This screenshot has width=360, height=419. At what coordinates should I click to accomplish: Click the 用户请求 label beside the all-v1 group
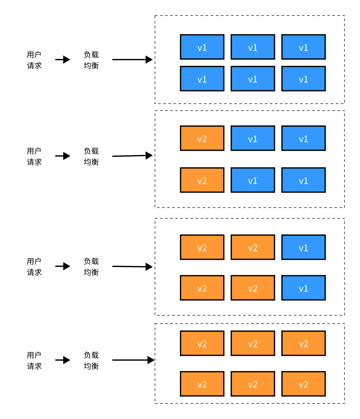[x=34, y=60]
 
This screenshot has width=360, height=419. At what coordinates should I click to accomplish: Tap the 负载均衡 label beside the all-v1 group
[x=91, y=60]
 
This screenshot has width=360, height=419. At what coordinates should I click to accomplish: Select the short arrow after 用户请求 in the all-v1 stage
[x=63, y=60]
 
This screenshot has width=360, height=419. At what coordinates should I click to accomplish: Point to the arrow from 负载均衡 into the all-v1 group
[x=132, y=60]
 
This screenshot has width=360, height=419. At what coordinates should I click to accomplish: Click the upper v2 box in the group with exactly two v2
[x=202, y=138]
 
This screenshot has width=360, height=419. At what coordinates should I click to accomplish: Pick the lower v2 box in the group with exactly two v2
[x=202, y=180]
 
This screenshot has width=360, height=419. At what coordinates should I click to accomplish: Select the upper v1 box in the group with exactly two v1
[x=304, y=247]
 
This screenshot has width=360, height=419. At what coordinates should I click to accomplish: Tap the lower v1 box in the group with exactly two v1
[x=304, y=288]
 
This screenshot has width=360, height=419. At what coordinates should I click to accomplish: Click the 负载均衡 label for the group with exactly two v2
[x=91, y=156]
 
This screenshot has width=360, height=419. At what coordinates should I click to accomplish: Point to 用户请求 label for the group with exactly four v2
[x=34, y=267]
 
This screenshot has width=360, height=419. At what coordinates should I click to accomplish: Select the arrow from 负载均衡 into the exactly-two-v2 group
[x=132, y=156]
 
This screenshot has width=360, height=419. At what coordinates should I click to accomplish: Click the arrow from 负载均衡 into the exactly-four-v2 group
[x=132, y=267]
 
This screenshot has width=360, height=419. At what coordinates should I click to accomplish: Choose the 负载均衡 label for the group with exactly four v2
[x=91, y=267]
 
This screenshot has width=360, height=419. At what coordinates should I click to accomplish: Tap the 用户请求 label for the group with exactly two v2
[x=34, y=156]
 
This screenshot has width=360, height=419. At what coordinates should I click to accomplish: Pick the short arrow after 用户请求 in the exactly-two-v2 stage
[x=63, y=156]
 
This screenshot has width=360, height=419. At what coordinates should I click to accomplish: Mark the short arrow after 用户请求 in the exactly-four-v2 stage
[x=63, y=266]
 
